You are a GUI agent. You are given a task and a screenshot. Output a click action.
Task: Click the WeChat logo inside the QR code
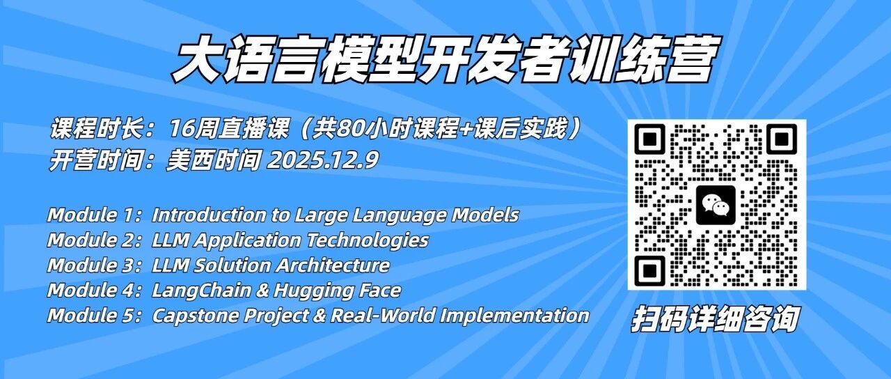pyautogui.click(x=716, y=205)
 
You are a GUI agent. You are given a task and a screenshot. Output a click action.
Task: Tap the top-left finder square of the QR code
pyautogui.click(x=649, y=139)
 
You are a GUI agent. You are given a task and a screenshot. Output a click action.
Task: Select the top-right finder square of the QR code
pyautogui.click(x=782, y=139)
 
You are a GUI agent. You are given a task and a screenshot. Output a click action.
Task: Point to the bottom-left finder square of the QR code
pyautogui.click(x=649, y=271)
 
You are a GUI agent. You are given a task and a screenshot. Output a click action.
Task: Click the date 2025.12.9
pyautogui.click(x=322, y=160)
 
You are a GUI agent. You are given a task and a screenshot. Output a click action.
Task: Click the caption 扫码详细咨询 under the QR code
pyautogui.click(x=715, y=318)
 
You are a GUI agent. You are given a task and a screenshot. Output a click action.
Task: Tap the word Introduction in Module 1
pyautogui.click(x=210, y=215)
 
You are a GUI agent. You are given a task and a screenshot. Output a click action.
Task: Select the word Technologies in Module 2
pyautogui.click(x=367, y=240)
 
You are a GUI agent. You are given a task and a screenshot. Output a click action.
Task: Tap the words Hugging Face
pyautogui.click(x=338, y=291)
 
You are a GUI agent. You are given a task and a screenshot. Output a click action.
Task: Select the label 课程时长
pyautogui.click(x=96, y=129)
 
